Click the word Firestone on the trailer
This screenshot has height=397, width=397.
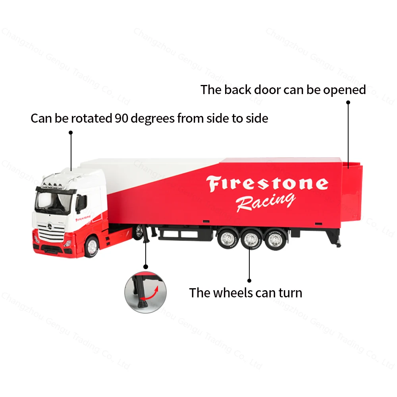tap(267, 184)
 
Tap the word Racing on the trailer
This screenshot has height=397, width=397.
tap(265, 202)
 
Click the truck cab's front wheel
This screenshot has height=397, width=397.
tap(92, 247)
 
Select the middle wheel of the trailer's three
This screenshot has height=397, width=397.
tap(250, 239)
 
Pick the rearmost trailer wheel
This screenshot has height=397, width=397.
tap(274, 239)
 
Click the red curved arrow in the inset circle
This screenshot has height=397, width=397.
tap(152, 293)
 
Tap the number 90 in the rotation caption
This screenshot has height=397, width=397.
tap(121, 118)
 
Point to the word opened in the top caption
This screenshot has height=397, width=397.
tap(344, 90)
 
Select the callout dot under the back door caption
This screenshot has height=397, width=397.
tap(348, 102)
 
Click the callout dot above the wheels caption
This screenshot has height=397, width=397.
tap(249, 280)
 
